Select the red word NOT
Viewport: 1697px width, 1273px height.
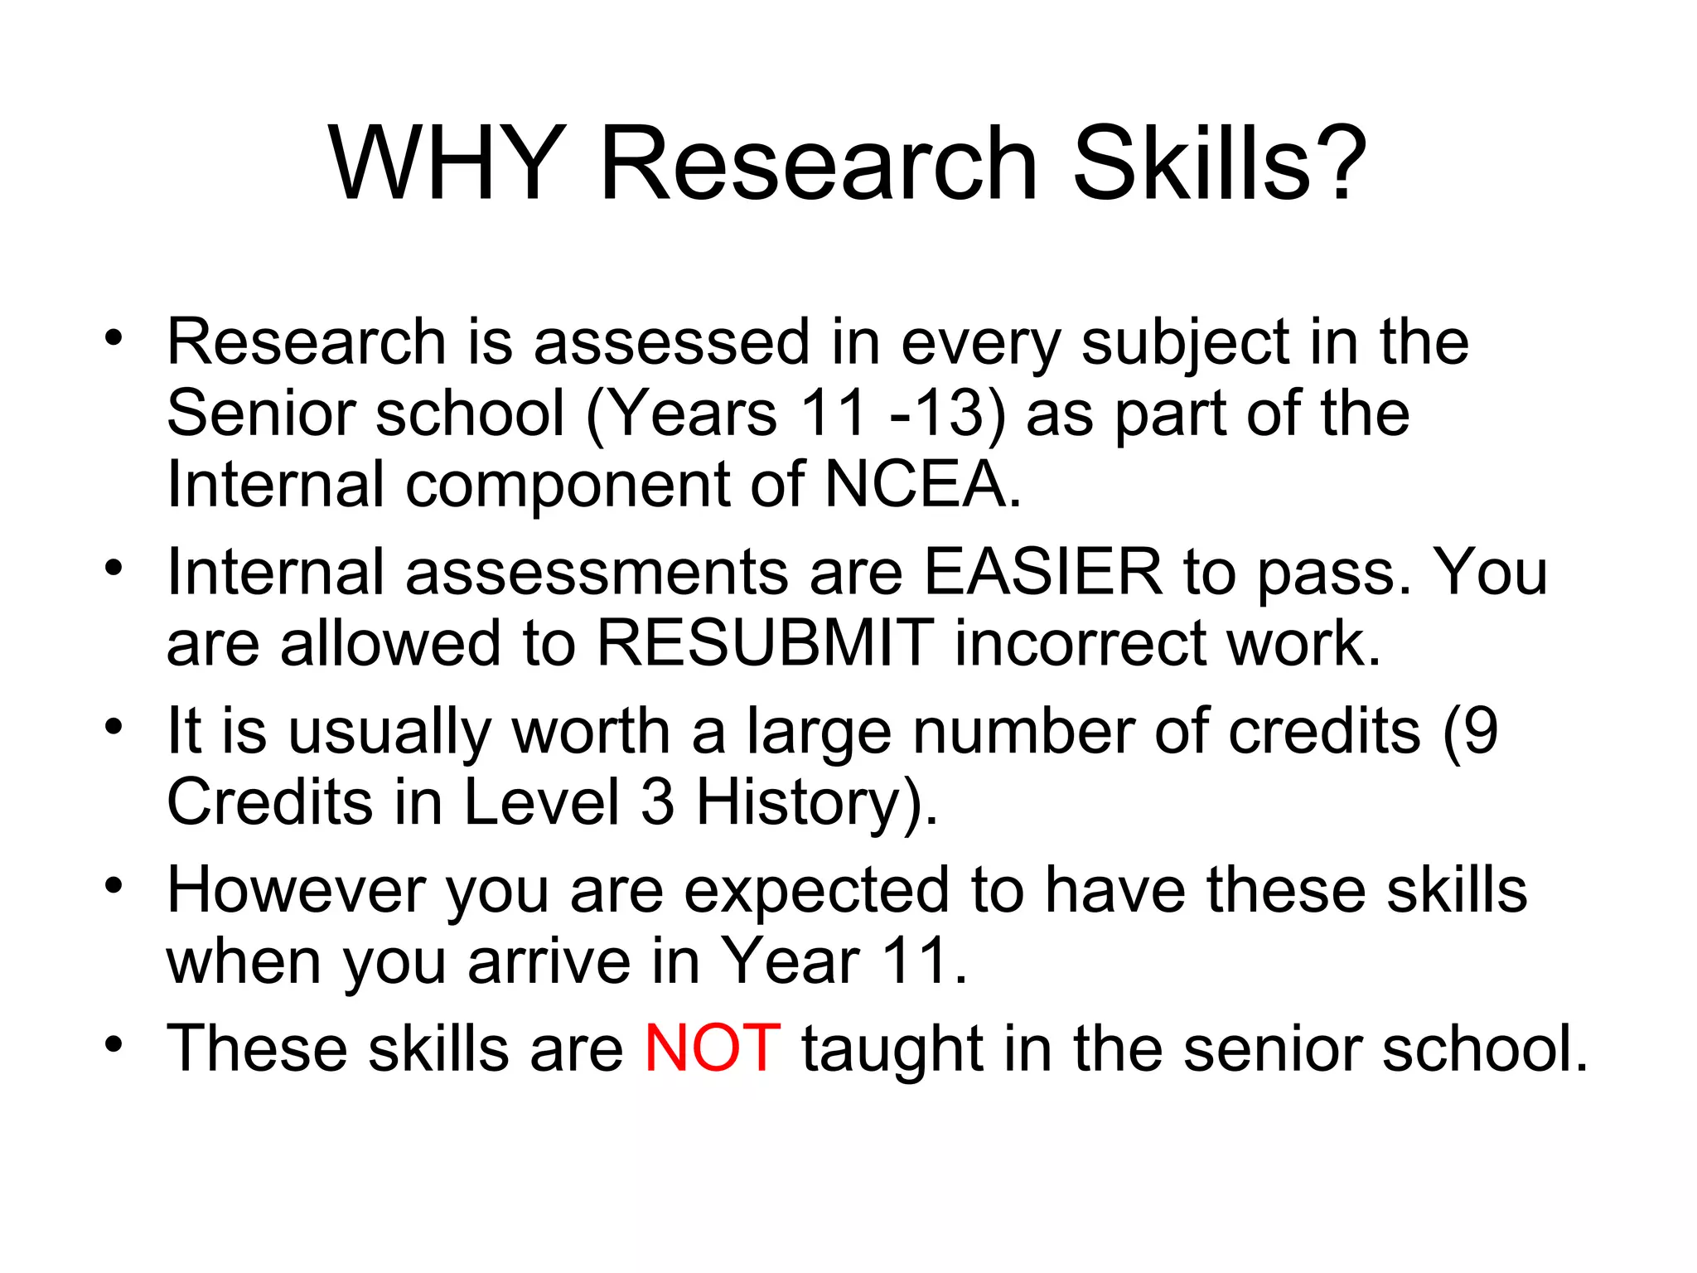coord(712,1048)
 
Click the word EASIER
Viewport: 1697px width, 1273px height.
coord(1042,572)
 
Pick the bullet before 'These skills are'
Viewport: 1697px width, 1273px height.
coord(114,1043)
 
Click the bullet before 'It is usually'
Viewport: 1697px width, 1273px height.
coord(114,727)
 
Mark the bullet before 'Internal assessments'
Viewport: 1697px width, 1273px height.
coord(114,568)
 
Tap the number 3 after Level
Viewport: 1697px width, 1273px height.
coord(657,802)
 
